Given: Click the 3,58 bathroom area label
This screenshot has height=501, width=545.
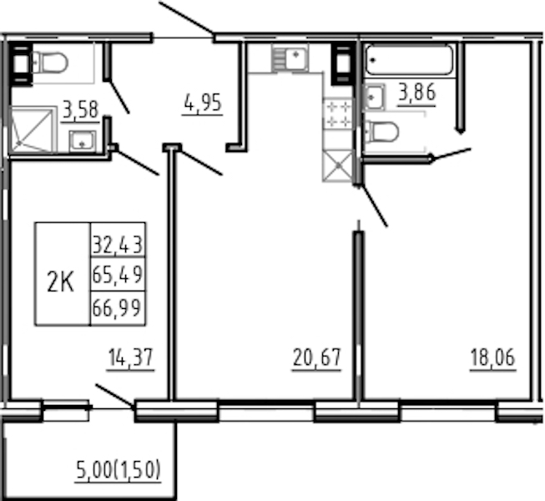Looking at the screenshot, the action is (x=81, y=109).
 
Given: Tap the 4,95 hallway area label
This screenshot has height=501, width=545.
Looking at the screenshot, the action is (x=203, y=103).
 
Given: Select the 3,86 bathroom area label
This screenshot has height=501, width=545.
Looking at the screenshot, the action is (x=416, y=93).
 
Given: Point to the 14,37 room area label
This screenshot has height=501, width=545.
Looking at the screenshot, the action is (x=131, y=357).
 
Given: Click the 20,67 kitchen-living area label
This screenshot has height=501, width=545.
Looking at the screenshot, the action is (x=316, y=357).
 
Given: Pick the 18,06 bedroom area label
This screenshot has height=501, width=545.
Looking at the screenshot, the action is (x=492, y=357).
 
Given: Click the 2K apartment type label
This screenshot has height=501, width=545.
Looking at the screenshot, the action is (x=60, y=282).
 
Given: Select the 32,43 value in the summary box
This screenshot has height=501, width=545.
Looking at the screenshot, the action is (x=118, y=245).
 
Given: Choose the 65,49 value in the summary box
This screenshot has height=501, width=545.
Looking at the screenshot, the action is (x=118, y=275).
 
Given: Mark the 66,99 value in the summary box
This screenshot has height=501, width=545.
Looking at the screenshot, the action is (x=117, y=307).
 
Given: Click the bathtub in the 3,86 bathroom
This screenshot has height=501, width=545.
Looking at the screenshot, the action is (x=409, y=60).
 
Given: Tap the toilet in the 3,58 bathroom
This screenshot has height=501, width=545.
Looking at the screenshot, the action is (x=50, y=63).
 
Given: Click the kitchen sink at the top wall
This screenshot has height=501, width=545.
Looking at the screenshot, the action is (x=290, y=57).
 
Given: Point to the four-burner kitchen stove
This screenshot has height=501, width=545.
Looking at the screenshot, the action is (x=337, y=114).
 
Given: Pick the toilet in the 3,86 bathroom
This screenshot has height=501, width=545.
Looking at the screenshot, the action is (x=381, y=131).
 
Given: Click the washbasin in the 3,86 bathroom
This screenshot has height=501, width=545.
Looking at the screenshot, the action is (x=374, y=97).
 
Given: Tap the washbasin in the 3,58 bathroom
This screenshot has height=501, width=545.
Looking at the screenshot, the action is (x=82, y=141).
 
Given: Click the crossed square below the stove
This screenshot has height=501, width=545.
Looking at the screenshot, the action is (x=337, y=166).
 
